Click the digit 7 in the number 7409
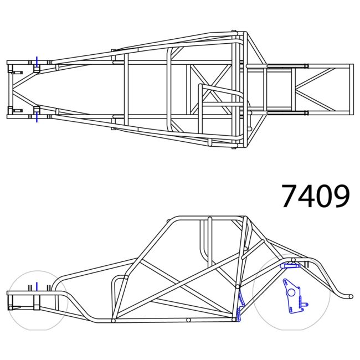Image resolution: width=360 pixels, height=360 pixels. click(289, 196)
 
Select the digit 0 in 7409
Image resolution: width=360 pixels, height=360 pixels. click(323, 196)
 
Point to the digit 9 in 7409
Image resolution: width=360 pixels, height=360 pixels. click(341, 196)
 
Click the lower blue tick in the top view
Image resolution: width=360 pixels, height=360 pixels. click(37, 117)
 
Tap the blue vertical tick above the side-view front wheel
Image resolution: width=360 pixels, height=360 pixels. click(37, 286)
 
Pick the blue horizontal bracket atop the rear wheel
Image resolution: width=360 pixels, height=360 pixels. click(290, 266)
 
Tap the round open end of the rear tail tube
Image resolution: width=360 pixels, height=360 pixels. click(350, 296)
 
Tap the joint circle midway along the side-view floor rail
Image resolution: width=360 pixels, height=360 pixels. click(188, 320)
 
